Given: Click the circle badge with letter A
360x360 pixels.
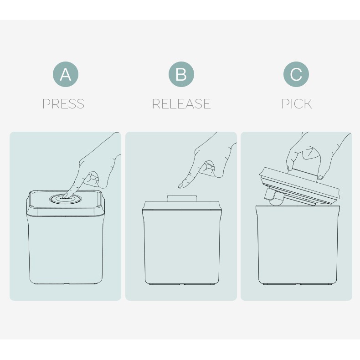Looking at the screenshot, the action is (66, 74).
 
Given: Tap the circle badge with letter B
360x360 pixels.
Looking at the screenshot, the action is (181, 74).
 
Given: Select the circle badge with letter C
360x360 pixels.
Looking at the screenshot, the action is (296, 74).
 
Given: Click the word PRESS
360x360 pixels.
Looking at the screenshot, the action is (63, 104).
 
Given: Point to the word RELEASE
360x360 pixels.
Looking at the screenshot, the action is (181, 104).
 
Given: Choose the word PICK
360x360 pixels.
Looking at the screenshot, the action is (297, 104).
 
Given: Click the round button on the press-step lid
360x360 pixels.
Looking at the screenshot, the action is (65, 199).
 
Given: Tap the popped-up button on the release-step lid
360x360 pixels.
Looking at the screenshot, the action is (182, 198).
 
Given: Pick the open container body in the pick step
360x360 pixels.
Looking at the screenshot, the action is (298, 245).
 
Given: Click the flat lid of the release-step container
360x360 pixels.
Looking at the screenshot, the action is (182, 206).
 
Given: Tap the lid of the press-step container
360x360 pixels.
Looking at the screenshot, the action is (66, 203).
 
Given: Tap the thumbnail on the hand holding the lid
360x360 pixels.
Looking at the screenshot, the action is (320, 177).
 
